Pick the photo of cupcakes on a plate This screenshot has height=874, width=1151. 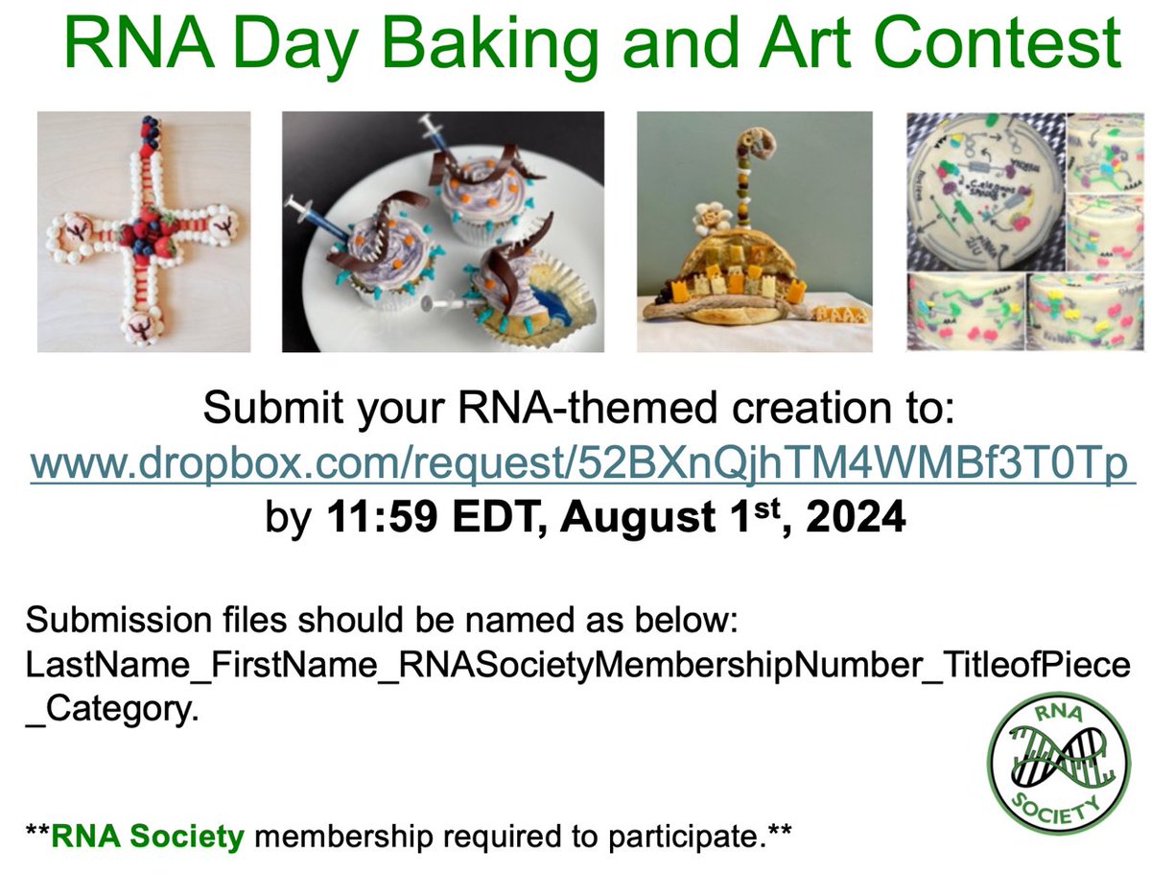click(442, 231)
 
